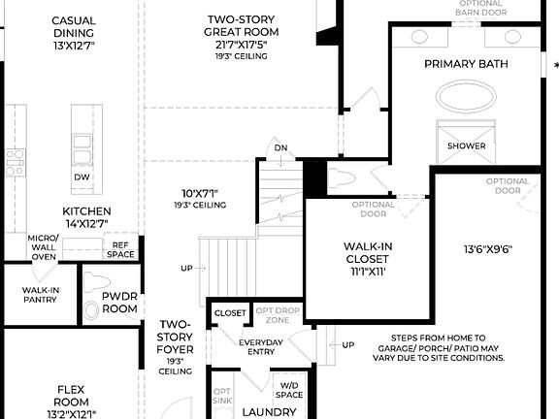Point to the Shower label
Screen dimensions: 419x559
click(x=466, y=146)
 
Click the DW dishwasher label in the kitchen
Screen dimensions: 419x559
click(x=81, y=177)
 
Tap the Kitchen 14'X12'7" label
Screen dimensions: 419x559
click(x=86, y=217)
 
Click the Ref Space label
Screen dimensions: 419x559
click(x=121, y=249)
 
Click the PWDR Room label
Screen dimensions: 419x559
click(x=120, y=303)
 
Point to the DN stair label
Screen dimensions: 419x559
click(x=280, y=148)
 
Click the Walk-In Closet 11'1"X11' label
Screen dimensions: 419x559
click(x=367, y=259)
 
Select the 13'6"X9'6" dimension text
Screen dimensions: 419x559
click(x=487, y=249)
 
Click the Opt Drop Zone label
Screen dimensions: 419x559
click(x=278, y=314)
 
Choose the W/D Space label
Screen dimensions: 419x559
click(x=289, y=389)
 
